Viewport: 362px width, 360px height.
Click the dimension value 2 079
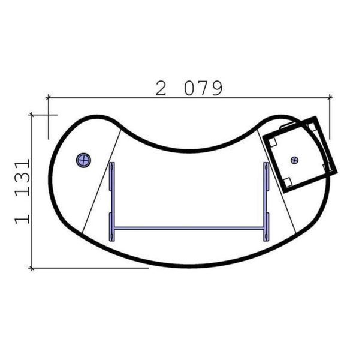(189, 88)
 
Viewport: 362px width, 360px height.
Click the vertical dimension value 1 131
(22, 191)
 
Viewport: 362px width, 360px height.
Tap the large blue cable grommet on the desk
(83, 160)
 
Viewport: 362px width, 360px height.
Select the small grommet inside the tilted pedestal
(295, 160)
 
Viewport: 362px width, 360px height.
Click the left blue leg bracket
(111, 202)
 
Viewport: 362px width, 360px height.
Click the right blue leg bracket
(266, 202)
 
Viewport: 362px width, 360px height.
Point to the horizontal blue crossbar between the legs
(189, 229)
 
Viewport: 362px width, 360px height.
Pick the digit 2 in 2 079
(161, 88)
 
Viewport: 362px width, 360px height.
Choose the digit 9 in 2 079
(217, 88)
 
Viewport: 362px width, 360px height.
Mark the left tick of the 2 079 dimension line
(49, 98)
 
